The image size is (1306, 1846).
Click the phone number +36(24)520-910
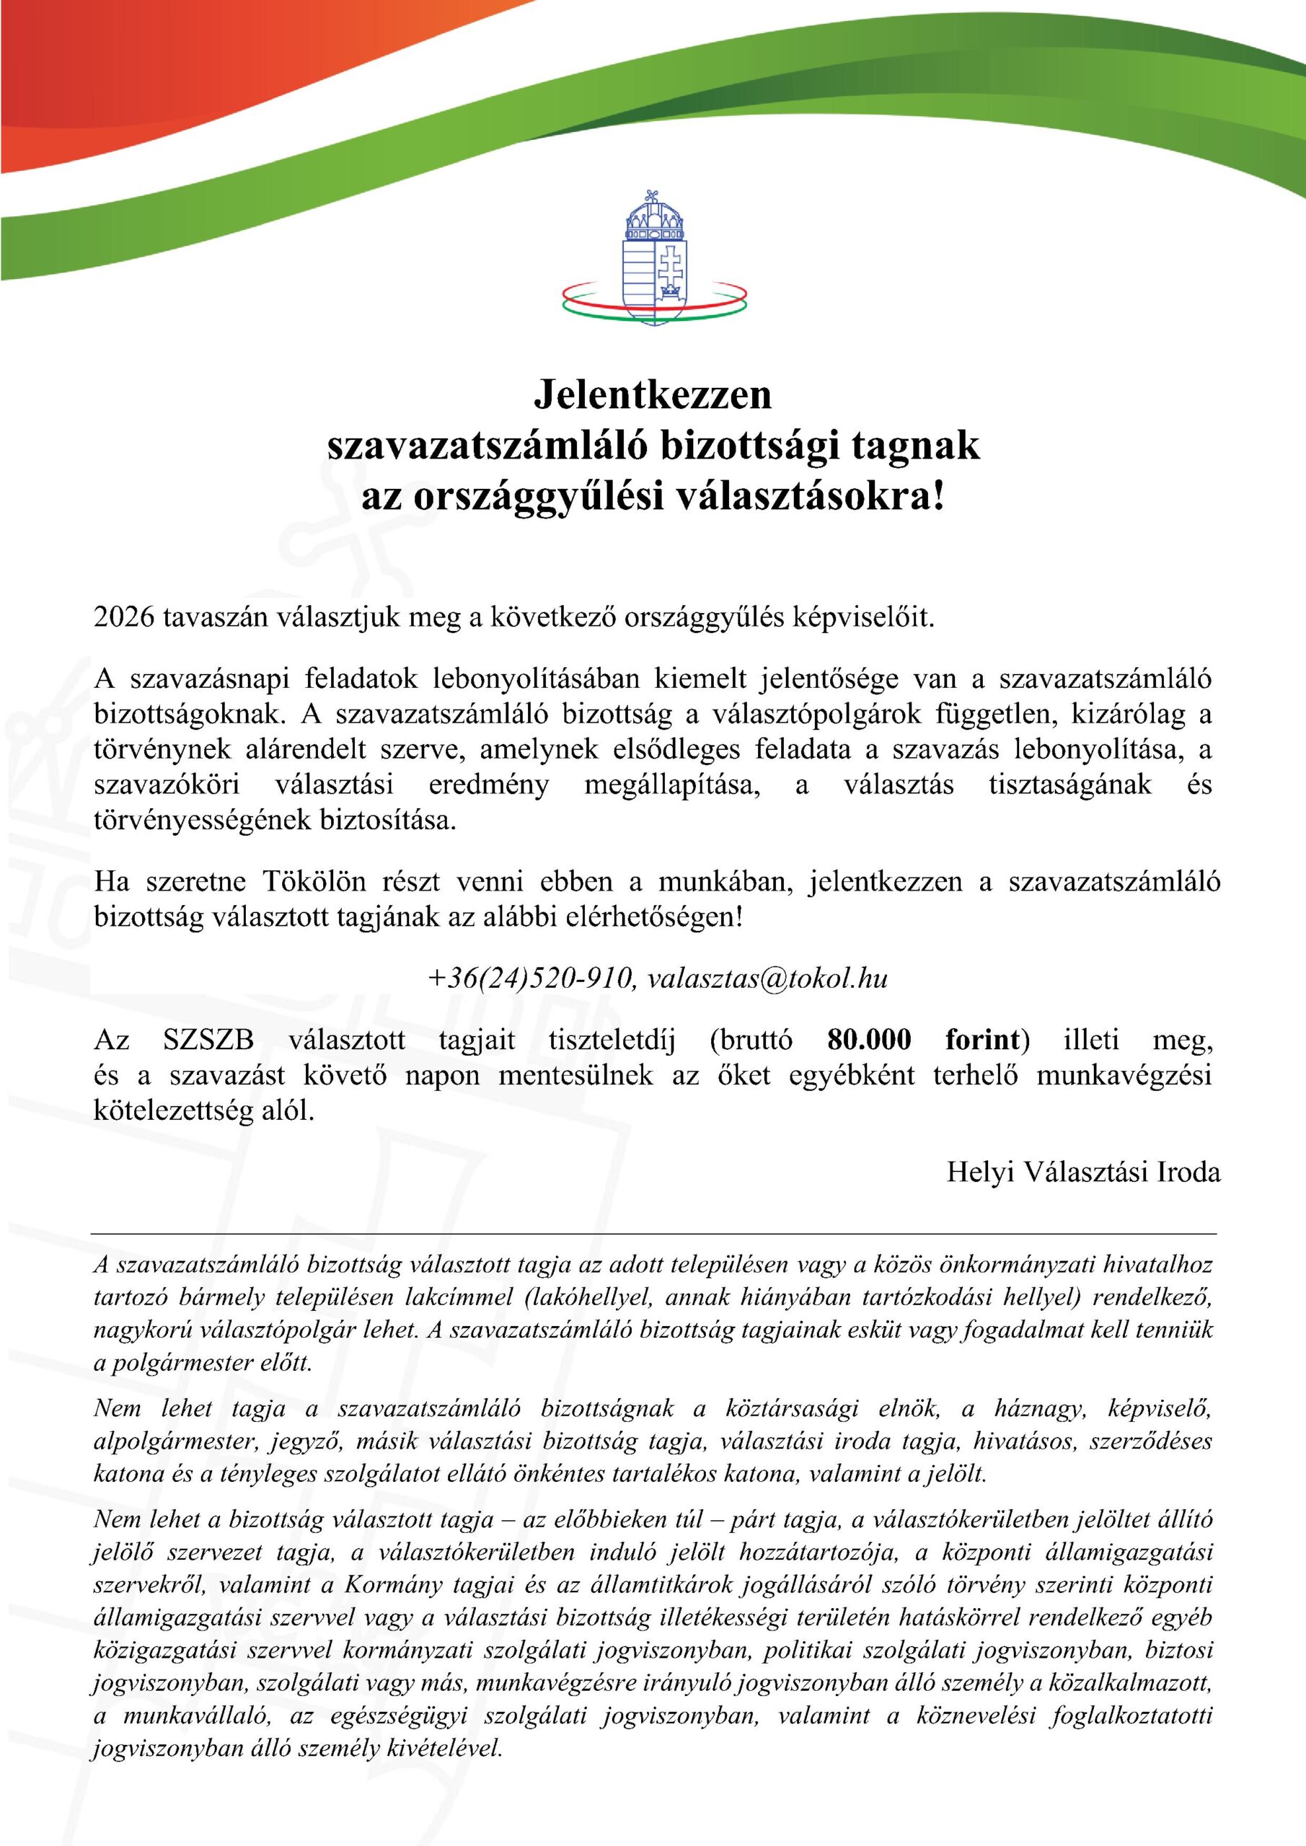click(x=531, y=979)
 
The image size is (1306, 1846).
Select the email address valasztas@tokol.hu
click(x=767, y=979)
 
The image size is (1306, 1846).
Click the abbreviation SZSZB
click(x=208, y=1041)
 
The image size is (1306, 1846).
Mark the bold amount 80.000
click(x=869, y=1041)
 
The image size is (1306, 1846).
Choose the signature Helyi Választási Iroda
click(x=1083, y=1172)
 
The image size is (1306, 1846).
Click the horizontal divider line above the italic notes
click(x=653, y=1232)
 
